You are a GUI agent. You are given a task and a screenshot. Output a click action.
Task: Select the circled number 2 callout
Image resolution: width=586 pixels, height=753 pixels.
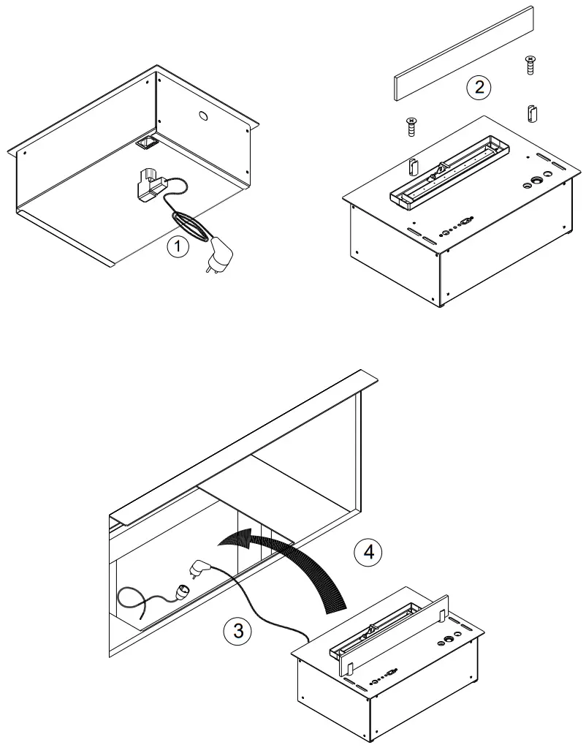coord(479,88)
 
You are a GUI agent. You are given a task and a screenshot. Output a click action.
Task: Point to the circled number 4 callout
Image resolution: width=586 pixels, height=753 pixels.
coord(369,552)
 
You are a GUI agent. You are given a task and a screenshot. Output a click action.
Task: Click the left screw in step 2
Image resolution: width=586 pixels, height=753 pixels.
coord(411,126)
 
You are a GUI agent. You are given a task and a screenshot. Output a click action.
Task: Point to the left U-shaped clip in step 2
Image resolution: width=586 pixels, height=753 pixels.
coord(414,166)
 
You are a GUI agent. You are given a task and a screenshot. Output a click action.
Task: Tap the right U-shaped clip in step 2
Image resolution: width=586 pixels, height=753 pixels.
coord(532,113)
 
